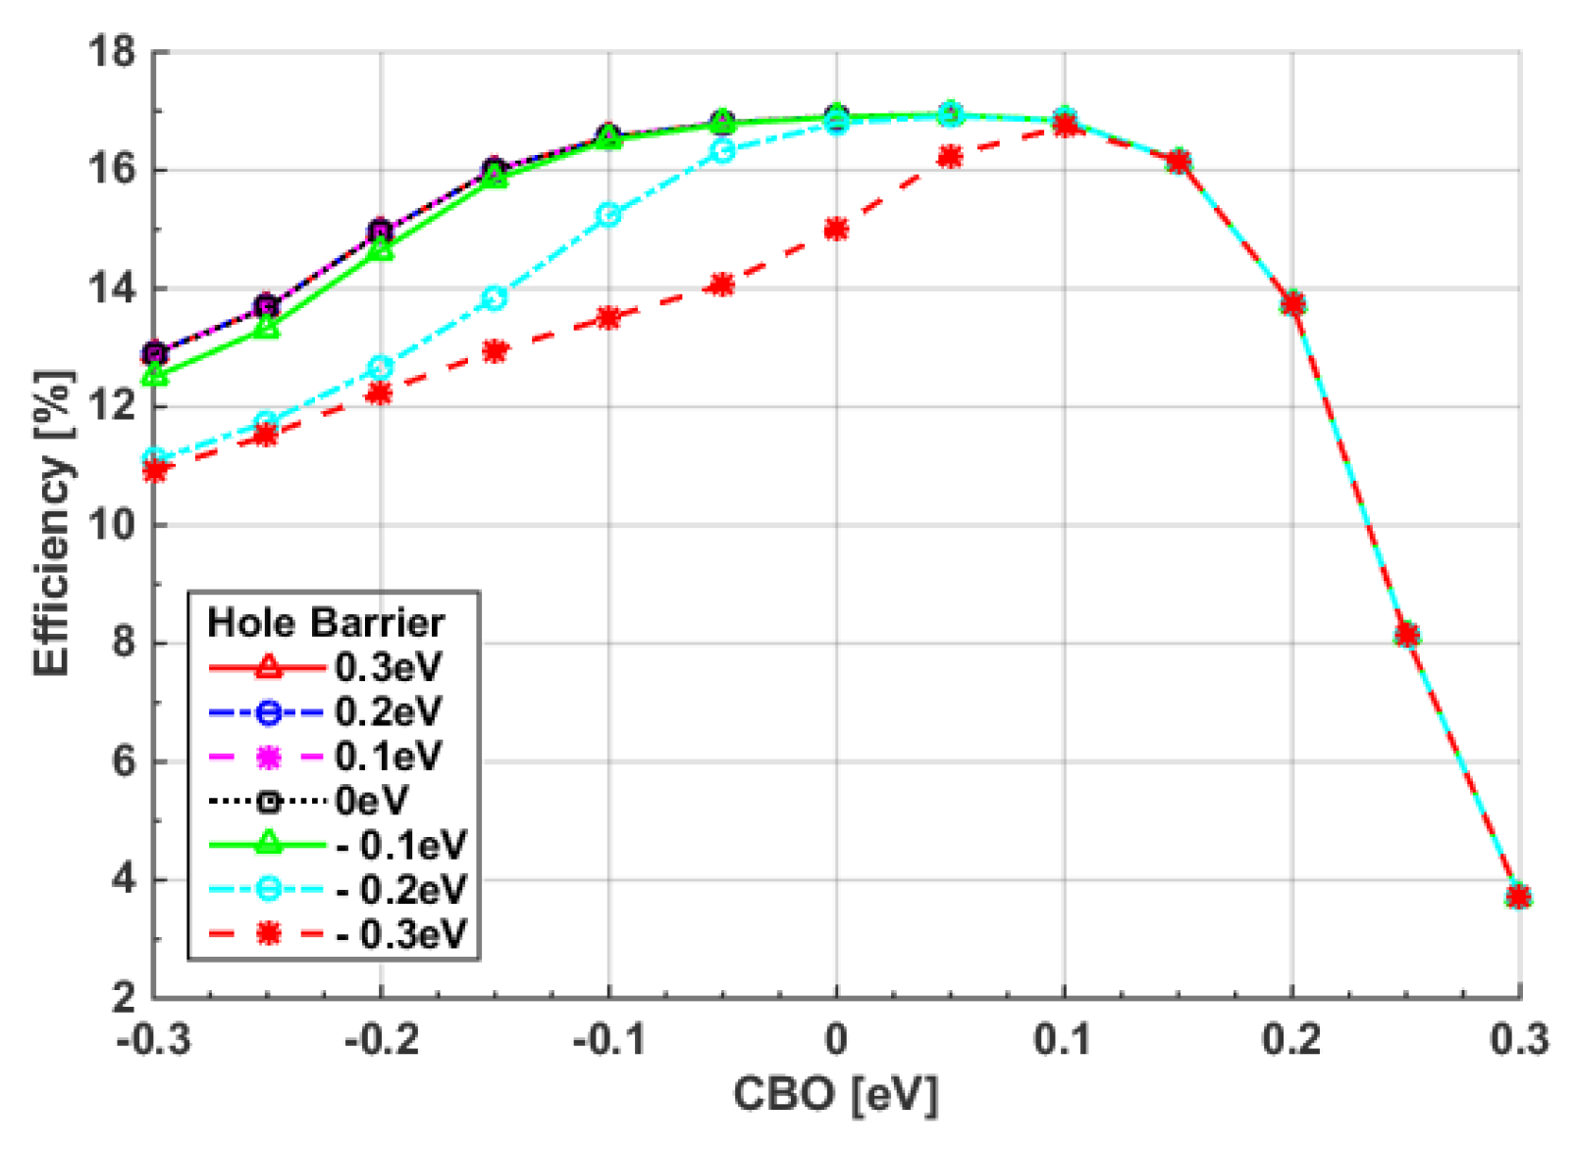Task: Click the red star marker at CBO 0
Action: tap(836, 229)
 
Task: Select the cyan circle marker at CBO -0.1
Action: tap(608, 215)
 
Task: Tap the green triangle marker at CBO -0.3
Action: tap(154, 375)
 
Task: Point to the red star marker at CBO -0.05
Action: tap(722, 285)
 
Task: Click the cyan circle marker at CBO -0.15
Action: tap(495, 297)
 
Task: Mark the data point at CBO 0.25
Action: tap(1406, 634)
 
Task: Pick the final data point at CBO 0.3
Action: tap(1519, 896)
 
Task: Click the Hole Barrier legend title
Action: tap(326, 622)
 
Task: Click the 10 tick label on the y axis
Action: tap(110, 525)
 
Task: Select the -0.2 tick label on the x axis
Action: tap(381, 1039)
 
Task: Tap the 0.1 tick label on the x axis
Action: tap(1064, 1039)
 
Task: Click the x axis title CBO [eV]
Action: tap(836, 1094)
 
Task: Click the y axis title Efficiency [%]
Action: tap(53, 523)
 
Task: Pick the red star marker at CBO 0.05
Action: tap(950, 157)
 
